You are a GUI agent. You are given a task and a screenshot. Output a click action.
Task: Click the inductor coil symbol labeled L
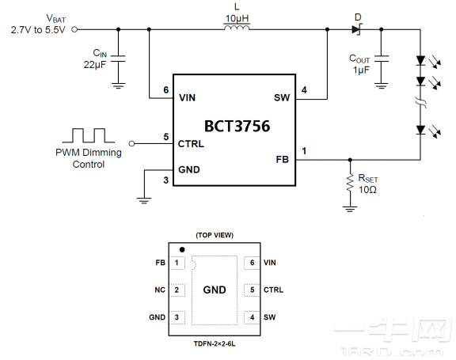[x=237, y=28]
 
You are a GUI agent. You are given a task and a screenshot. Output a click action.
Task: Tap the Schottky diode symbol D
[x=356, y=29]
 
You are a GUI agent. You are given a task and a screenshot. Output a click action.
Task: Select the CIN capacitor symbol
[x=118, y=59]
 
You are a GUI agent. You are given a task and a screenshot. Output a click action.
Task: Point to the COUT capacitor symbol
[x=382, y=59]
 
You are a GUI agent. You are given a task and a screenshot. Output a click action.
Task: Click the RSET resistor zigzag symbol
[x=350, y=183]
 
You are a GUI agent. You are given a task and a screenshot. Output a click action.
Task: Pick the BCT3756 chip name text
[x=237, y=126]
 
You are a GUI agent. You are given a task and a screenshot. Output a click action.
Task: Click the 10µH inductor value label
[x=237, y=19]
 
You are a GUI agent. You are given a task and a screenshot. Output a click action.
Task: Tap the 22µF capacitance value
[x=95, y=65]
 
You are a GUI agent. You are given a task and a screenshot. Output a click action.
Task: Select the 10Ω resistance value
[x=367, y=190]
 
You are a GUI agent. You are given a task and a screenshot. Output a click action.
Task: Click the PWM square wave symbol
[x=89, y=135]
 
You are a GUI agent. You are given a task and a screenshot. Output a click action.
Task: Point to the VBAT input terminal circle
[x=74, y=29]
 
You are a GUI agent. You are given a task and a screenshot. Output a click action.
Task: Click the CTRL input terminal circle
[x=131, y=143]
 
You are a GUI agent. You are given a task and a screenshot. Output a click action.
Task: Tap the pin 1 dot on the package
[x=182, y=249]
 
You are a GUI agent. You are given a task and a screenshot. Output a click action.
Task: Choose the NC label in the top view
[x=160, y=290]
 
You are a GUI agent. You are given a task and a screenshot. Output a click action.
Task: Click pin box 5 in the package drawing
[x=252, y=290]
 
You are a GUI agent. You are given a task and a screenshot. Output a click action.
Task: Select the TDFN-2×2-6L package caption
[x=215, y=344]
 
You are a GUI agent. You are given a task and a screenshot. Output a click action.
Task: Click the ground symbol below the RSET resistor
[x=350, y=209]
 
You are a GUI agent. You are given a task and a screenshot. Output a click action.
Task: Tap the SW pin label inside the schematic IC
[x=282, y=98]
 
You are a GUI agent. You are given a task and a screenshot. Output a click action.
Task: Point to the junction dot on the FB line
[x=350, y=160]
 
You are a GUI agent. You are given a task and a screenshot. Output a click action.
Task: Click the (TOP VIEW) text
[x=215, y=235]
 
